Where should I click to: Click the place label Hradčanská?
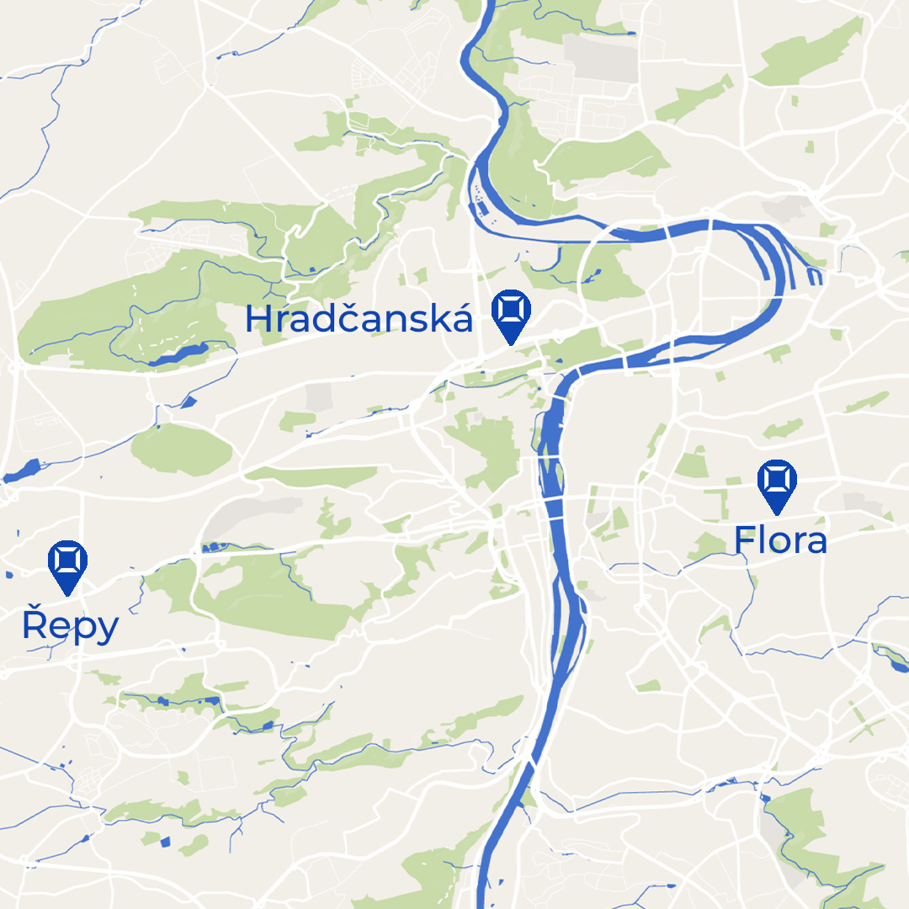(359, 319)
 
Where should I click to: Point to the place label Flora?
(780, 540)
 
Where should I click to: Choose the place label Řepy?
(70, 626)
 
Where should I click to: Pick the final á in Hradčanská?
(462, 319)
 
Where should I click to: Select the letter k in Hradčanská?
(440, 319)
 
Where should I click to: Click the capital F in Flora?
(744, 540)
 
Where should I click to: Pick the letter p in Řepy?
(82, 630)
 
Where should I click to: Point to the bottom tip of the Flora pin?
(776, 513)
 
